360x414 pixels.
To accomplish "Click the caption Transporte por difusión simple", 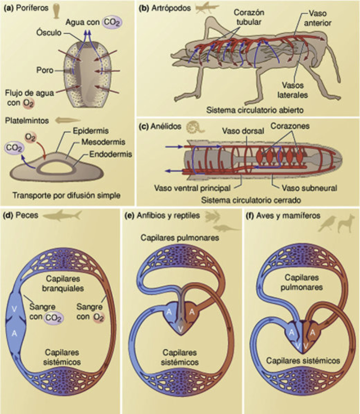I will [x=66, y=195].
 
